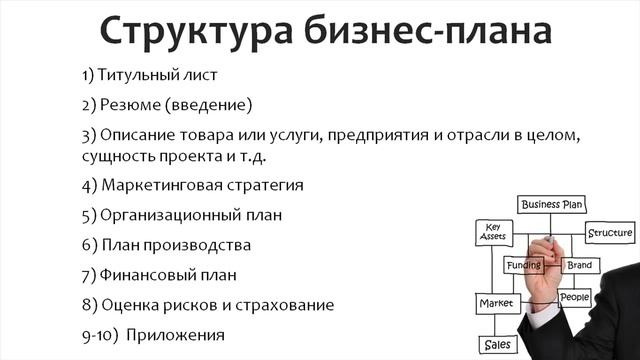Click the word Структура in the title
tap(187, 32)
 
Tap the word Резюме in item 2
tap(129, 104)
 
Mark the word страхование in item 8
tap(284, 303)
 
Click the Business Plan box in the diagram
tap(551, 205)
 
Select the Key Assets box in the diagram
tap(493, 232)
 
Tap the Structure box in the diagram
tap(609, 233)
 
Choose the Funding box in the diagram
tap(523, 266)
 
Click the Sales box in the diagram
tap(497, 344)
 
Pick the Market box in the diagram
tap(495, 302)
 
